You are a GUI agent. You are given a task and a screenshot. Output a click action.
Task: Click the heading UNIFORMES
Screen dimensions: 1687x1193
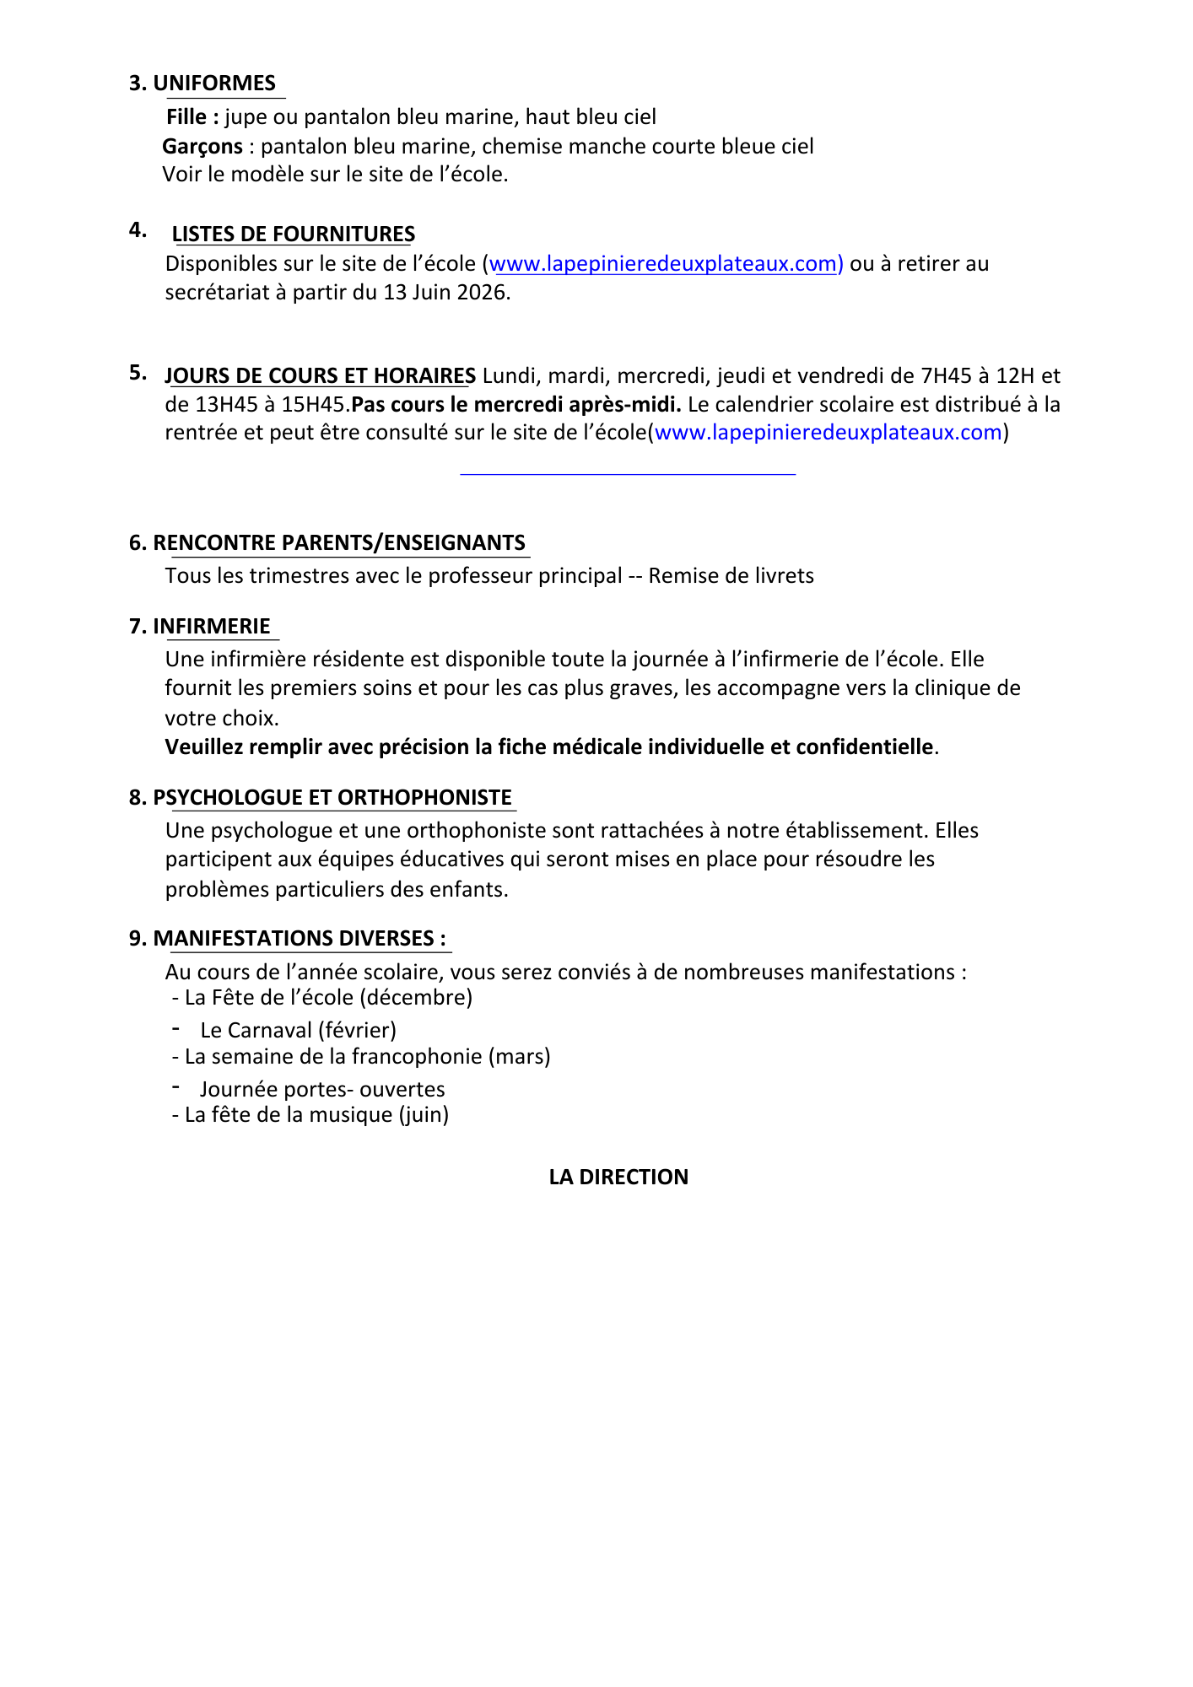pyautogui.click(x=214, y=84)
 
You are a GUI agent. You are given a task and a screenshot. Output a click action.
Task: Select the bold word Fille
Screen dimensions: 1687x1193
pyautogui.click(x=186, y=117)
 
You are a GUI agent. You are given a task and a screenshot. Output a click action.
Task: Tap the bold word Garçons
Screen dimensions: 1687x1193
pyautogui.click(x=202, y=147)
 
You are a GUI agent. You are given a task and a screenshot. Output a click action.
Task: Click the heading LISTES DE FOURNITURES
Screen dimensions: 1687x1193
pyautogui.click(x=294, y=234)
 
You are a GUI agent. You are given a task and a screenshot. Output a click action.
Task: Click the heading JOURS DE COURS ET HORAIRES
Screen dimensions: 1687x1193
pyautogui.click(x=321, y=376)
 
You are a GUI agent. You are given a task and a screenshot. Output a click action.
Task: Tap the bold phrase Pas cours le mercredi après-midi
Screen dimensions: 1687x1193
pyautogui.click(x=516, y=405)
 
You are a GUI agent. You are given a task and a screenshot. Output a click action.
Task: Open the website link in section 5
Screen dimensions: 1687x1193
pyautogui.click(x=828, y=433)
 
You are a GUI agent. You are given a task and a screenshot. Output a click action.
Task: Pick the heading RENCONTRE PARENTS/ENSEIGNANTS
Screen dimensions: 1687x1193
pyautogui.click(x=339, y=543)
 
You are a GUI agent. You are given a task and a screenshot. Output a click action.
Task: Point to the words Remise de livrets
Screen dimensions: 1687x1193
pyautogui.click(x=731, y=576)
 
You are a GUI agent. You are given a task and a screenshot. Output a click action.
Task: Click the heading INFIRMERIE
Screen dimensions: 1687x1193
pyautogui.click(x=212, y=627)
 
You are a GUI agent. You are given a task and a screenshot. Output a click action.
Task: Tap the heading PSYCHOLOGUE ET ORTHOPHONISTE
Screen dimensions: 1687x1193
pyautogui.click(x=332, y=798)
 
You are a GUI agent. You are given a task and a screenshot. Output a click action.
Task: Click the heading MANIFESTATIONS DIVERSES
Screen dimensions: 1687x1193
pyautogui.click(x=300, y=939)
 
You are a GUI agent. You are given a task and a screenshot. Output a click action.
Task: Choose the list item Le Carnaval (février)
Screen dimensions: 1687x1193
pyautogui.click(x=298, y=1031)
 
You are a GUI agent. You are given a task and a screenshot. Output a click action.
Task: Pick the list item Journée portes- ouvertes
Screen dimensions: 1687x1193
pyautogui.click(x=322, y=1090)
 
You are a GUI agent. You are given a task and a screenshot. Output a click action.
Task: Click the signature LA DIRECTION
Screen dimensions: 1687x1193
pyautogui.click(x=618, y=1178)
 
